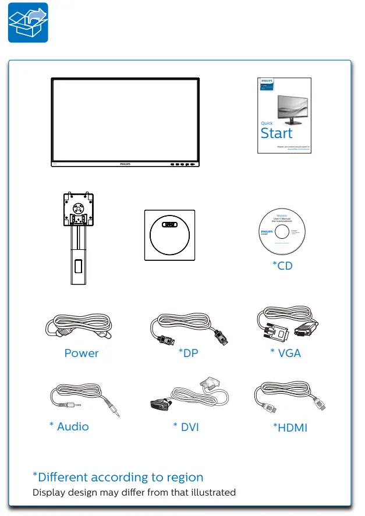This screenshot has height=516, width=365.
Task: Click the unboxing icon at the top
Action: tap(28, 22)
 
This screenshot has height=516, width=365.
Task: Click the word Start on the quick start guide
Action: tap(277, 133)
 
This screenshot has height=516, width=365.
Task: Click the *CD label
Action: tap(283, 266)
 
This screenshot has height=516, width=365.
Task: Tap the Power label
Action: tap(81, 353)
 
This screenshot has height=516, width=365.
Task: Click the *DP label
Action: tap(187, 353)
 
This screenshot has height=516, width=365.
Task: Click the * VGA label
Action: tap(286, 353)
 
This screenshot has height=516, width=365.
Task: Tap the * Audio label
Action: tap(69, 426)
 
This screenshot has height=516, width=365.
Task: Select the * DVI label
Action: tap(186, 427)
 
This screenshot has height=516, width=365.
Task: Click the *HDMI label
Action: tap(290, 428)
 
